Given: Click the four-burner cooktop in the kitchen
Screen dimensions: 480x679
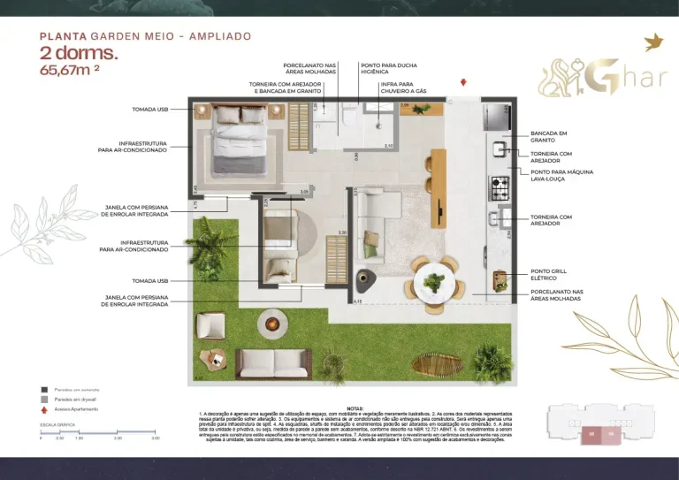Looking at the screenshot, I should tap(500, 187).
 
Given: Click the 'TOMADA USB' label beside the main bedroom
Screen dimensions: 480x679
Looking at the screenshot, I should tap(149, 110).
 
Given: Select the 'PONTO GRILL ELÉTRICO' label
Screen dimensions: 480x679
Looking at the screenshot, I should tap(549, 275).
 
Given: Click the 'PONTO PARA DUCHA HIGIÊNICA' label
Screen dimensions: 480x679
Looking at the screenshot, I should tap(389, 69).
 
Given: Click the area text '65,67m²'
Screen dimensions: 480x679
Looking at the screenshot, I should tap(69, 70).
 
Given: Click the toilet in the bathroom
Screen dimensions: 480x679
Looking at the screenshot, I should tap(347, 116).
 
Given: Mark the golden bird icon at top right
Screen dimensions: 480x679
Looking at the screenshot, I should tap(654, 42).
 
